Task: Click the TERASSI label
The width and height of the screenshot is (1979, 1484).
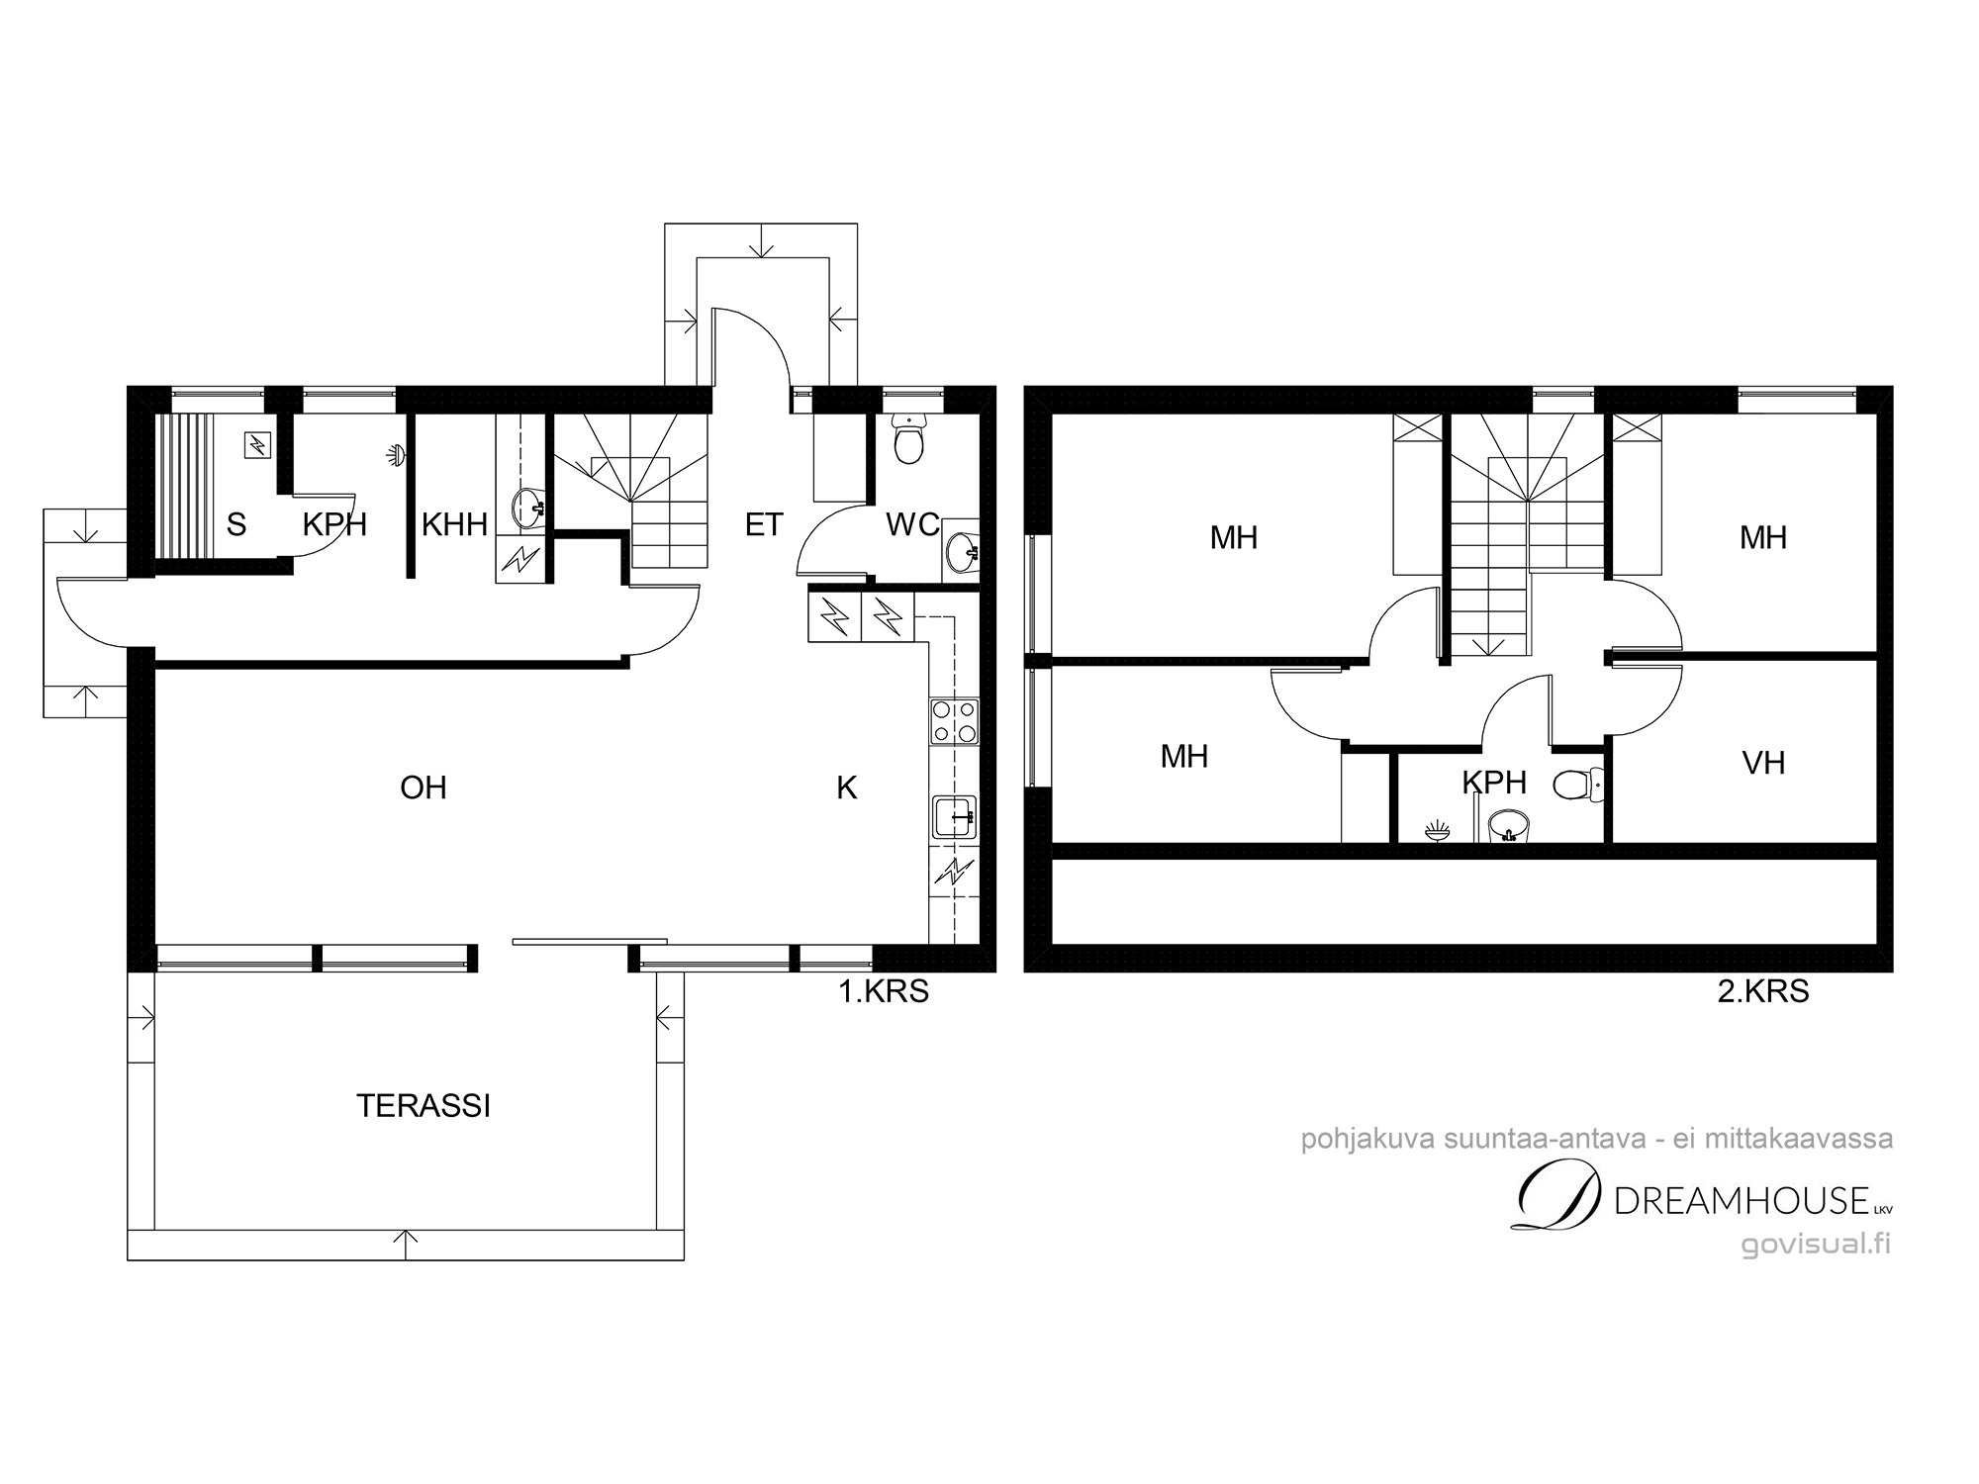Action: click(423, 1106)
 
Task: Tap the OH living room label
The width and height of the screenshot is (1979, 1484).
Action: click(423, 788)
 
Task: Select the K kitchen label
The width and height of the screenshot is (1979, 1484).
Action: click(847, 788)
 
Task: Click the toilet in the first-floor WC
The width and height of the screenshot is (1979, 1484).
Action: click(907, 438)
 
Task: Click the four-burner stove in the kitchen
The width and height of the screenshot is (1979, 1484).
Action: click(955, 720)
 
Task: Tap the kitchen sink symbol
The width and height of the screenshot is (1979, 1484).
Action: click(955, 816)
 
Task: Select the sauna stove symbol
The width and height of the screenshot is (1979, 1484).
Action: click(257, 445)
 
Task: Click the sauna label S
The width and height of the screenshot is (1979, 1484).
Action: click(236, 524)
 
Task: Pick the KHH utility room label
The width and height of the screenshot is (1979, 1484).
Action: click(454, 524)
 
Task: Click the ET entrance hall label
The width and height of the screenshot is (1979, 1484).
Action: click(764, 524)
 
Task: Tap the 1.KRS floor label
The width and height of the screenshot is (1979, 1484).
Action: click(884, 991)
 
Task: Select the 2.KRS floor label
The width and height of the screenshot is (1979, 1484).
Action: click(1763, 991)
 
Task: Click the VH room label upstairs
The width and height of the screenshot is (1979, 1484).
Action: click(1763, 763)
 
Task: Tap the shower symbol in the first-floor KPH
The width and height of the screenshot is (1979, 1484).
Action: click(396, 454)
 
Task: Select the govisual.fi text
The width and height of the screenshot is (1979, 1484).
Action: click(1816, 1244)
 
